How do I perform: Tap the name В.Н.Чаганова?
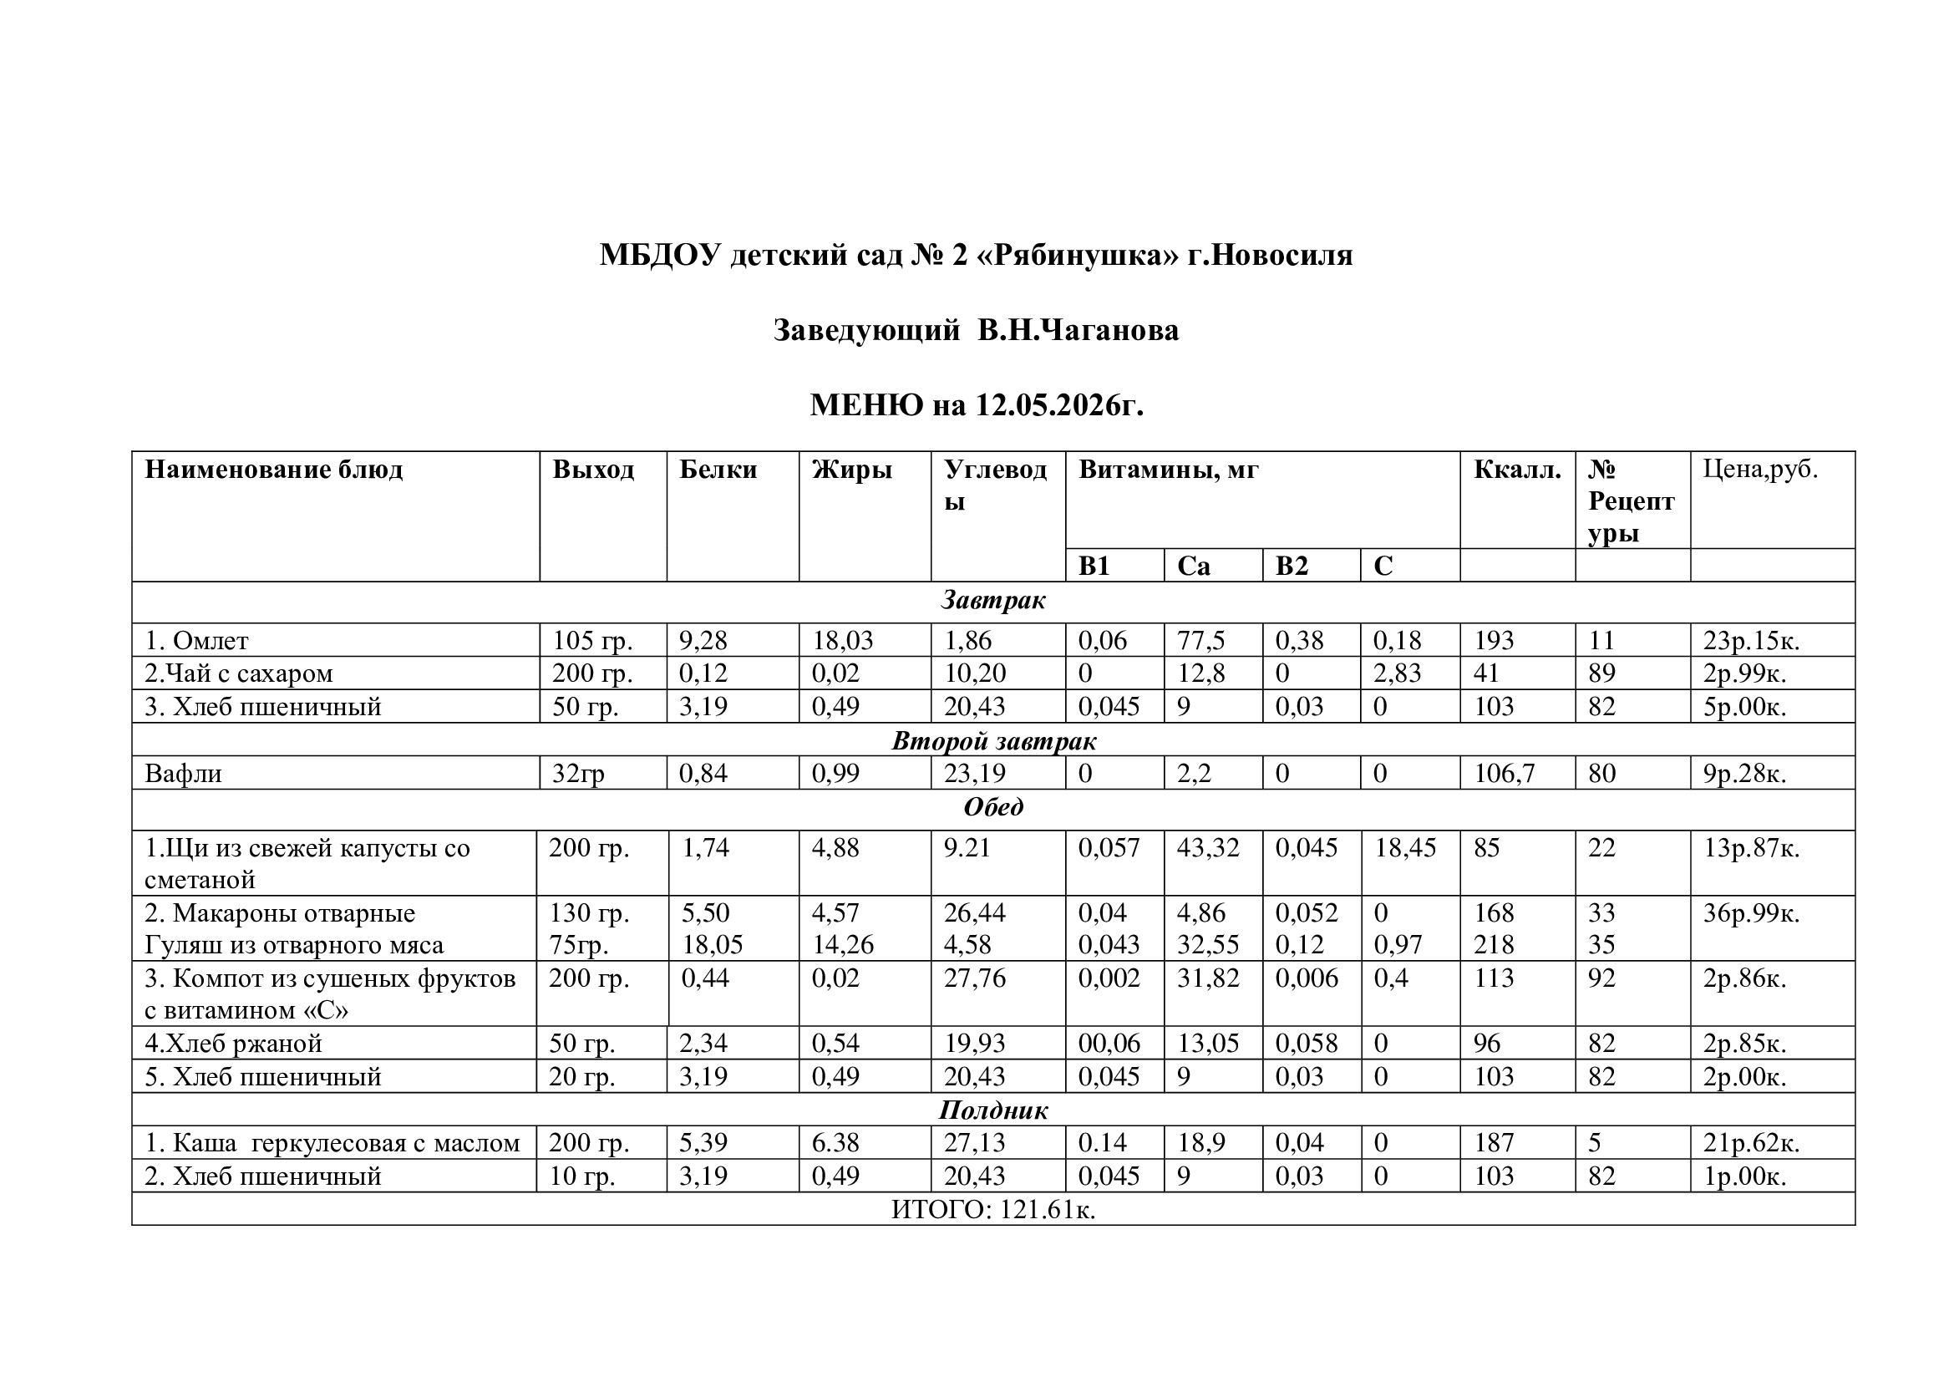(x=1078, y=330)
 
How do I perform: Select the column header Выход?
(x=593, y=470)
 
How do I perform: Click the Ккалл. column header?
(x=1517, y=470)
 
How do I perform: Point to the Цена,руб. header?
(x=1760, y=469)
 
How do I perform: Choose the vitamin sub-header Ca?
(x=1193, y=566)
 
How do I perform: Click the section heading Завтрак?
(x=993, y=601)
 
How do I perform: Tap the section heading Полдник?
(x=993, y=1110)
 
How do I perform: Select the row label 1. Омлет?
(x=196, y=640)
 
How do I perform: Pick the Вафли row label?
(x=183, y=774)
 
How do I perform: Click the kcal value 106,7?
(x=1505, y=774)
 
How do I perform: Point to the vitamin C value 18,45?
(x=1405, y=847)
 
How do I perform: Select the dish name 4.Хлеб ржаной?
(x=233, y=1044)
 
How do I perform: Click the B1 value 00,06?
(x=1109, y=1044)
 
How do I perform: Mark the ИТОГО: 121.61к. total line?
(x=993, y=1209)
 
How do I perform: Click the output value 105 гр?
(x=592, y=640)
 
